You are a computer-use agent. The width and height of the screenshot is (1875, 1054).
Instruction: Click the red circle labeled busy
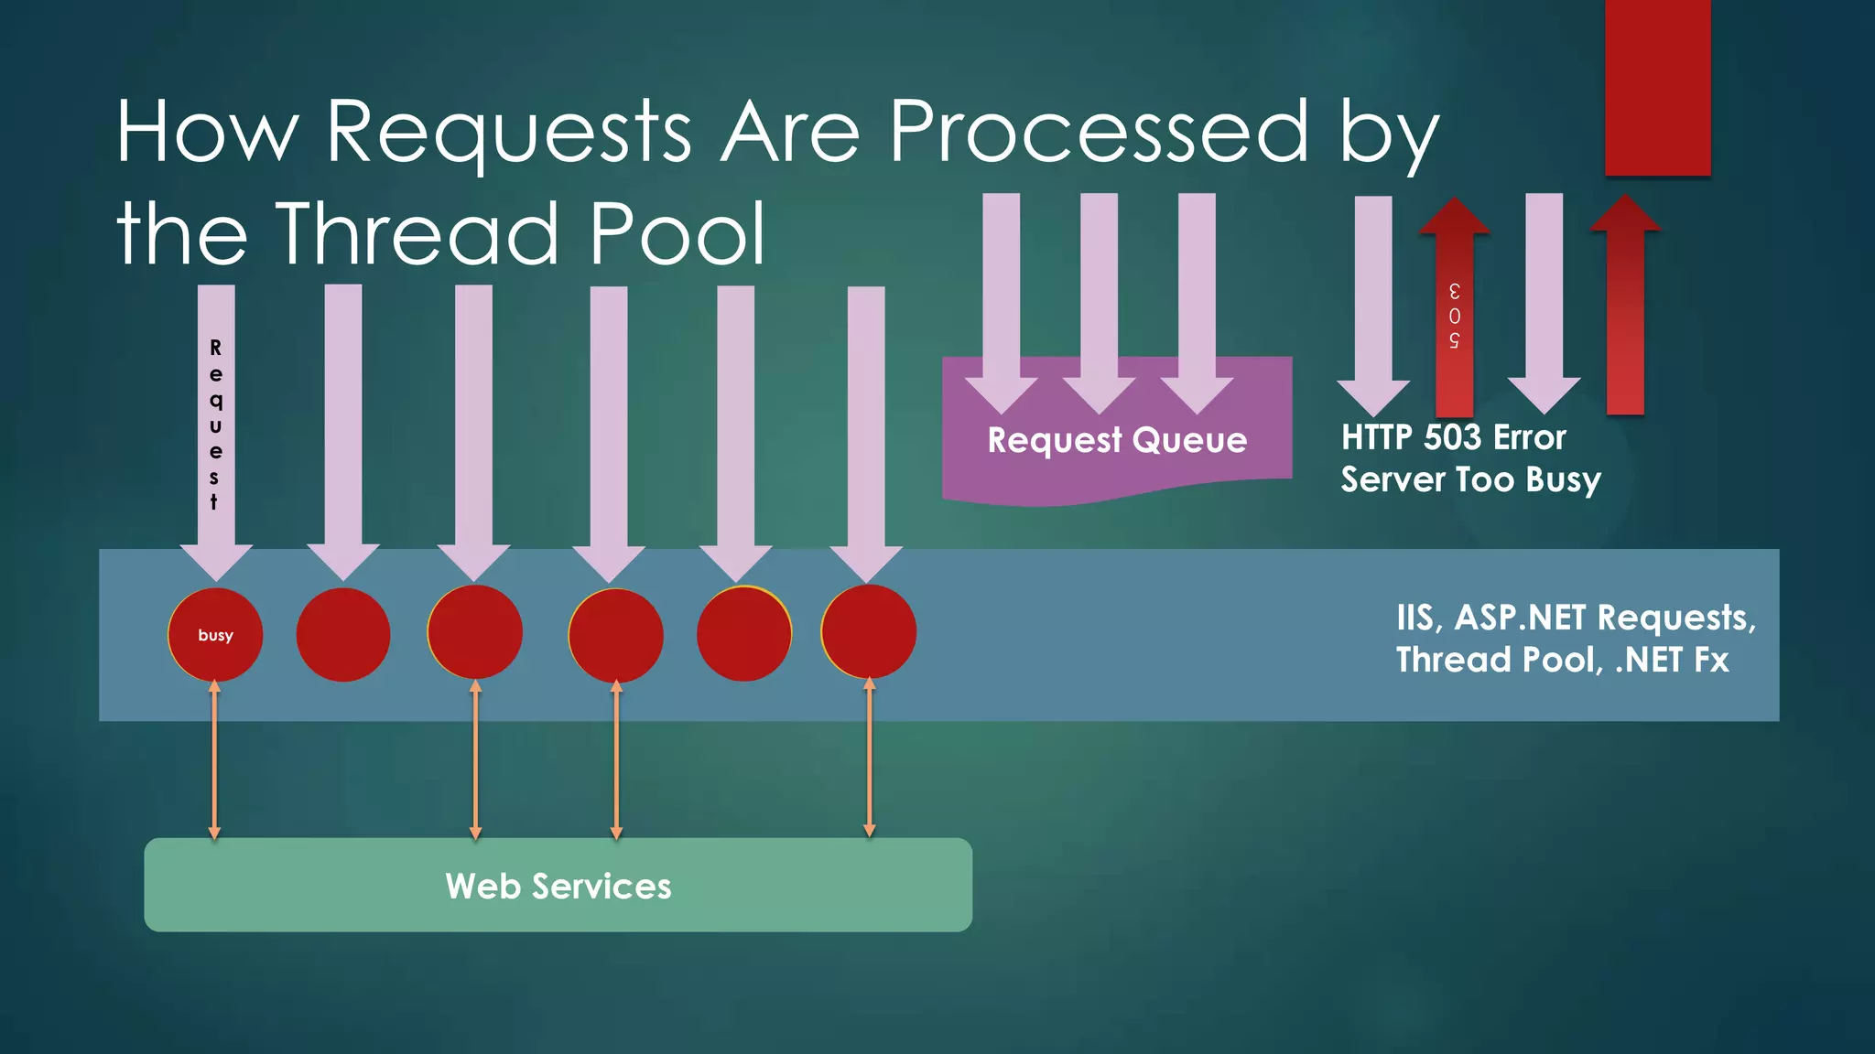pos(215,635)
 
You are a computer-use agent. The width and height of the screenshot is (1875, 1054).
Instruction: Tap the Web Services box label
pos(558,886)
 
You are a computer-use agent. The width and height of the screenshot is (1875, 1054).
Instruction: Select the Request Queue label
pos(1117,440)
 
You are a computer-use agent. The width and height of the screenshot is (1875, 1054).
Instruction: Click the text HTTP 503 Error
pos(1453,437)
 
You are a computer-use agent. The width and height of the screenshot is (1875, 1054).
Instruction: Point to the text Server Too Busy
pos(1470,479)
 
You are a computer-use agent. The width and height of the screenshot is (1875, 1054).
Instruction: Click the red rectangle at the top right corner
pos(1657,87)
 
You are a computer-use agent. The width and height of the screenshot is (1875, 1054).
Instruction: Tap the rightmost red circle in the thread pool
pos(868,632)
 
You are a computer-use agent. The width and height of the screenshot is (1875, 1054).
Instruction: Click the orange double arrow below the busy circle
pos(214,759)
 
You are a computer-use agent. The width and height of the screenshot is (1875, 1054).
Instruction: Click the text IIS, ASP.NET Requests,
pos(1576,618)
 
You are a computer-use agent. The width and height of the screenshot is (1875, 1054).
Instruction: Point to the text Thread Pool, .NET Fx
pos(1562,660)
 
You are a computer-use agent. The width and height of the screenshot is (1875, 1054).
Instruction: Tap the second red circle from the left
pos(343,635)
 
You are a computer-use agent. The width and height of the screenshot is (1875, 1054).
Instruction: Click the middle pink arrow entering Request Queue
pos(1099,302)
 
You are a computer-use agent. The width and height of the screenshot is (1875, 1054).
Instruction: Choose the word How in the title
pos(207,133)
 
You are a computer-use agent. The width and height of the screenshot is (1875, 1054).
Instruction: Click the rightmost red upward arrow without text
pos(1625,311)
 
